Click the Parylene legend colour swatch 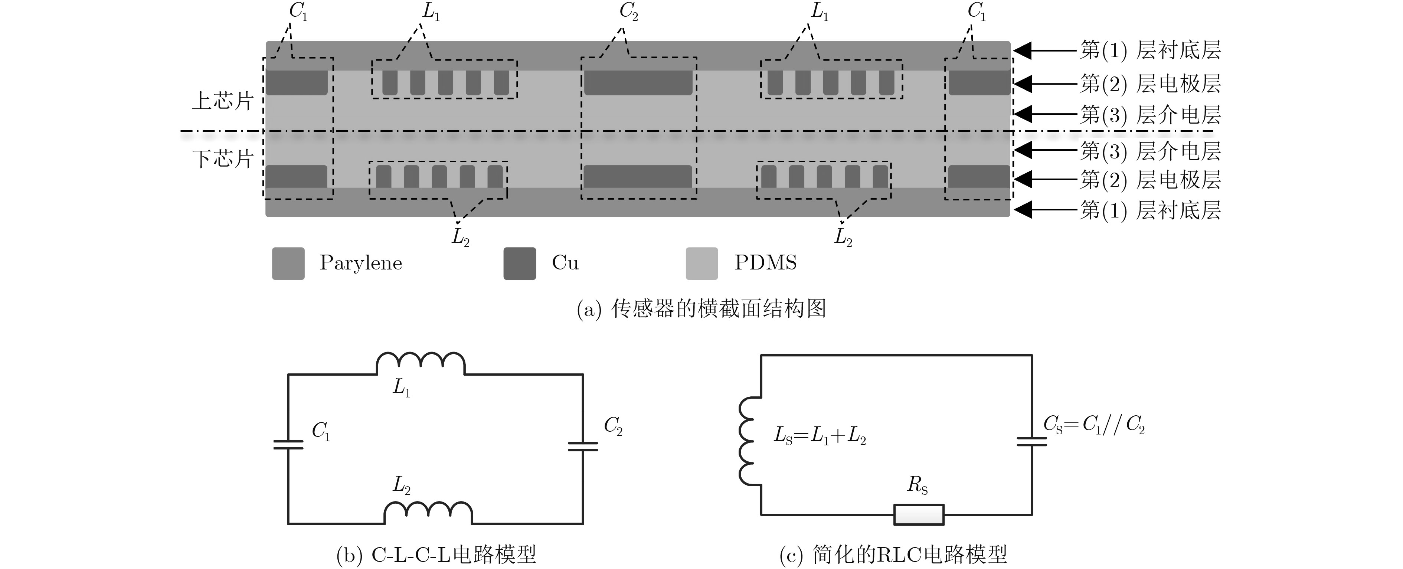tap(288, 264)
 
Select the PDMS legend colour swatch tap(701, 264)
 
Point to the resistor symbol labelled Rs tap(919, 514)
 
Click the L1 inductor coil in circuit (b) tap(421, 364)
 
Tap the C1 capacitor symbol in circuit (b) tap(288, 444)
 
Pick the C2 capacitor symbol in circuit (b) tap(583, 447)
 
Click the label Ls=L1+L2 tap(820, 436)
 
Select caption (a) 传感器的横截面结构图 tap(701, 309)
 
